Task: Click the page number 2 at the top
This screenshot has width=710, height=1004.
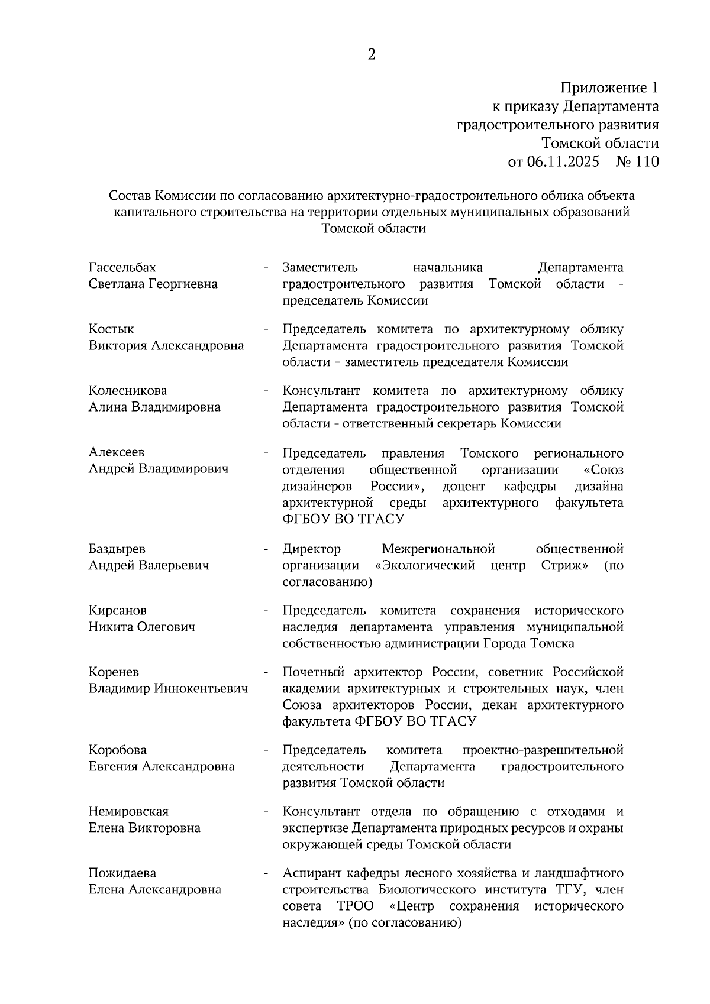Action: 372,55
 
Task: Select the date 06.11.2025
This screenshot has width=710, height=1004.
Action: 562,161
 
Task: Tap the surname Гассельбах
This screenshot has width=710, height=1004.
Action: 122,268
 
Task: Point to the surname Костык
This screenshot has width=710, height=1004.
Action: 111,329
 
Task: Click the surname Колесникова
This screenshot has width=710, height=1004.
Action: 128,391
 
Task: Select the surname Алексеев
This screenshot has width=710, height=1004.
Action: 117,452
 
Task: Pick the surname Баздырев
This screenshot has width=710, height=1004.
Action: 117,549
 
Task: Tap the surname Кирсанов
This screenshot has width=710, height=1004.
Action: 118,611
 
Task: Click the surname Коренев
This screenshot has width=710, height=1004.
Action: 114,672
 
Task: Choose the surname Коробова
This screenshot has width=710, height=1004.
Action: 118,750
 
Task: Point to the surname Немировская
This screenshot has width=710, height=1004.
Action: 129,812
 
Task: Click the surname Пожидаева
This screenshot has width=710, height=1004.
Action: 122,873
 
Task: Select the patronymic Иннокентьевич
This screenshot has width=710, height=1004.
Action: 201,689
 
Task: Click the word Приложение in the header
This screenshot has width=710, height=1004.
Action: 603,89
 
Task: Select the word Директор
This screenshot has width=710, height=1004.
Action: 312,549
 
